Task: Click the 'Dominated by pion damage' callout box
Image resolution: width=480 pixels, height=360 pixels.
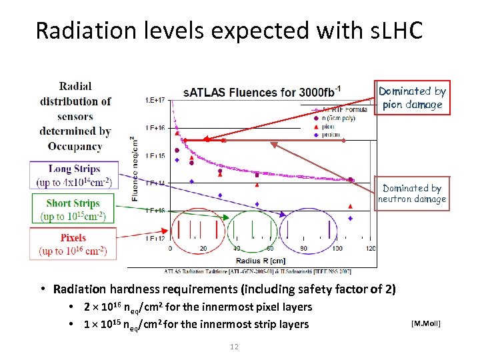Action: pos(412,98)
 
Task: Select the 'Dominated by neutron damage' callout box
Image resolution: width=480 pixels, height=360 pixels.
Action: pos(412,193)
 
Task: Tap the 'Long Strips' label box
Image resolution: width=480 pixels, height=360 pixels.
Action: pos(73,175)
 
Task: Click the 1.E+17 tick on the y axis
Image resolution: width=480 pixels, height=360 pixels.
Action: pos(155,100)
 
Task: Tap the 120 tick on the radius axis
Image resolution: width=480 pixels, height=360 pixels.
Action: pos(371,249)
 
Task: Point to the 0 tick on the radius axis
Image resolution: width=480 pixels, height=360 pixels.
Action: pos(170,249)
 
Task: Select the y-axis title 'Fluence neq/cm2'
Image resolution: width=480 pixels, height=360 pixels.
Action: pos(135,169)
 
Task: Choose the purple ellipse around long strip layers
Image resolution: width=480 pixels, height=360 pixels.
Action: pos(311,229)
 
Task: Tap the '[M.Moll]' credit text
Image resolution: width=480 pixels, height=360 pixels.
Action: pos(427,323)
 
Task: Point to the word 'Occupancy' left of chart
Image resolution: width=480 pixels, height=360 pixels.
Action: pos(75,146)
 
